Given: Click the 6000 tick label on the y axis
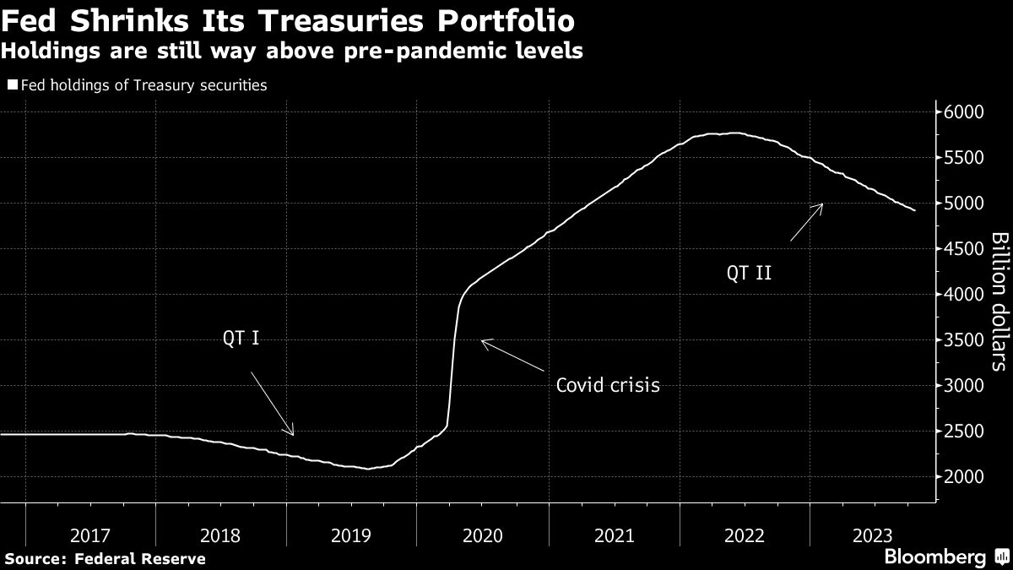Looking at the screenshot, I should tap(964, 112).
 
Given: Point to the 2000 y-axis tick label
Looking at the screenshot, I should tap(964, 477).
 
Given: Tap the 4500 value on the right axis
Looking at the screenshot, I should tap(964, 249).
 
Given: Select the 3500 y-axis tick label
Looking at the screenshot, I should tap(964, 340).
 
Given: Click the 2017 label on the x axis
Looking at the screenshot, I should tap(90, 535).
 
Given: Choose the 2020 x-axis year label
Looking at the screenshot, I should tap(482, 535).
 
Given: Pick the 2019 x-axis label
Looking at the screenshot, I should tap(351, 535).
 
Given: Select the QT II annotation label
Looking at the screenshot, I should tap(749, 273).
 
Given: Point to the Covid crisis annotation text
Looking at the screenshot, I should tap(608, 386).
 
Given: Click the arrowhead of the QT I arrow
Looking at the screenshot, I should tap(293, 434).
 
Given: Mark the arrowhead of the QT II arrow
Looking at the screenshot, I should tap(821, 205).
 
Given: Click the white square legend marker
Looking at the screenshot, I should tap(13, 85).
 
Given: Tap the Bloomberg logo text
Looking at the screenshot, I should tap(934, 557).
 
